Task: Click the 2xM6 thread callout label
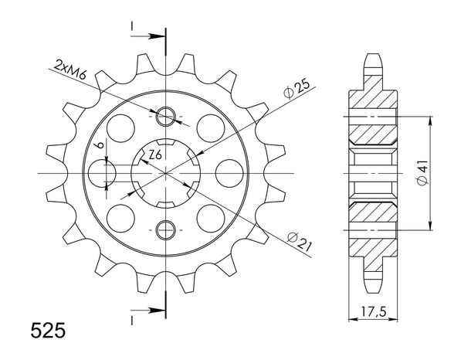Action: point(70,70)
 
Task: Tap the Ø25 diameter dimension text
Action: point(296,90)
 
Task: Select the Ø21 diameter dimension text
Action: point(300,241)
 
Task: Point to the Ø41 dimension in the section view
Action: point(422,173)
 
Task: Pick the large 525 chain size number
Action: point(48,330)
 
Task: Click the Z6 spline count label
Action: point(156,155)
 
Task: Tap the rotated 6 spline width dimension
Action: point(100,145)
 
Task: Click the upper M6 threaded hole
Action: point(165,117)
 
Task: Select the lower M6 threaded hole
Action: point(165,230)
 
